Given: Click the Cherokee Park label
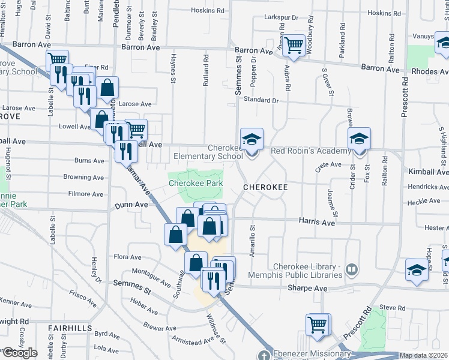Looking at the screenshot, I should [196, 183].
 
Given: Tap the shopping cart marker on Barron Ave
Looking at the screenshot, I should [293, 45].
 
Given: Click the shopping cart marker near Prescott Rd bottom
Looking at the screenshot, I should [318, 325].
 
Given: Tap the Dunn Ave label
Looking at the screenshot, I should [131, 205].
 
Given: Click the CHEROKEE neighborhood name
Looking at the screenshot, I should [266, 187].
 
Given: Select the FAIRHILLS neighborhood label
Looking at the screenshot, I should [70, 328].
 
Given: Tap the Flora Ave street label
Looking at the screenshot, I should [127, 257].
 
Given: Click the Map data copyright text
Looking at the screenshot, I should [424, 355].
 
